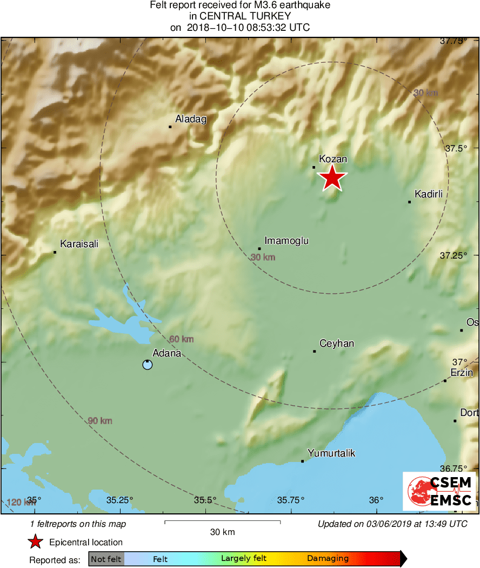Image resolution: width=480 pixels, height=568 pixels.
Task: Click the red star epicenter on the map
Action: pyautogui.click(x=333, y=178)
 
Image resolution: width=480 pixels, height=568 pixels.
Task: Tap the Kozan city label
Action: pyautogui.click(x=332, y=159)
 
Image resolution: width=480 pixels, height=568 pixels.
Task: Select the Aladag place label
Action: pyautogui.click(x=191, y=119)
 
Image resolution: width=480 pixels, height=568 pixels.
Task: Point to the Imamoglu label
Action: pyautogui.click(x=286, y=241)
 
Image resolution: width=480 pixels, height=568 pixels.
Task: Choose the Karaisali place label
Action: pyautogui.click(x=79, y=244)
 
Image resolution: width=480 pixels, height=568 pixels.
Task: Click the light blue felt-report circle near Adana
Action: pyautogui.click(x=147, y=365)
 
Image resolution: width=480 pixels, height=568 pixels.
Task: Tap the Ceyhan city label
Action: pyautogui.click(x=337, y=344)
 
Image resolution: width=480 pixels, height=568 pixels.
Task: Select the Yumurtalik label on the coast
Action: pyautogui.click(x=331, y=453)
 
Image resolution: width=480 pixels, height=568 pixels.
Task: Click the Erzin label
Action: pyautogui.click(x=462, y=373)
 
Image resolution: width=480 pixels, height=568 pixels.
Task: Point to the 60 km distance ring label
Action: pyautogui.click(x=181, y=339)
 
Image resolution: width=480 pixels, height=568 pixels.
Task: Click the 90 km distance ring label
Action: pyautogui.click(x=99, y=420)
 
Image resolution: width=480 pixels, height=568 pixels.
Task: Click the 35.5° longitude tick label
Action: pyautogui.click(x=205, y=499)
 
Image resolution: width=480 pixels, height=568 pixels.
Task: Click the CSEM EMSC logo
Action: pyautogui.click(x=439, y=491)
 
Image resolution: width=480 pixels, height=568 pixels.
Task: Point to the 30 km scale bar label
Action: pyautogui.click(x=222, y=532)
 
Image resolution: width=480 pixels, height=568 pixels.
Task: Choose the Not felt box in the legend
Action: pyautogui.click(x=106, y=559)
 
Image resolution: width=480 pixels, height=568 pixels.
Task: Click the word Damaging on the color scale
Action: pyautogui.click(x=328, y=559)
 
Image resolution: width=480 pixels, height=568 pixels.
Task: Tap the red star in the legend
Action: pyautogui.click(x=36, y=541)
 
